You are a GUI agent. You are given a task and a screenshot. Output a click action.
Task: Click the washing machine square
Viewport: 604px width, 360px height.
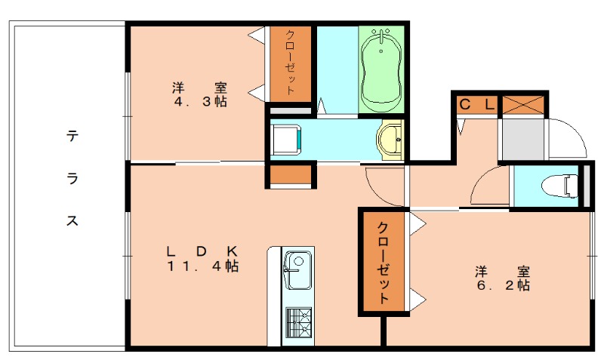(x=286, y=139)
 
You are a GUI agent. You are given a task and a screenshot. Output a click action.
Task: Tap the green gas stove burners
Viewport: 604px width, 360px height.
(x=298, y=324)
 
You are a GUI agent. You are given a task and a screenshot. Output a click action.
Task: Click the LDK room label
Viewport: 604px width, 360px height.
(x=202, y=250)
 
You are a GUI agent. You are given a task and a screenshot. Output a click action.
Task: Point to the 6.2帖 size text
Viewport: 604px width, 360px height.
(x=502, y=286)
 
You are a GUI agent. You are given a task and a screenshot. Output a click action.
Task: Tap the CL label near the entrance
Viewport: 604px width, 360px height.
(x=476, y=104)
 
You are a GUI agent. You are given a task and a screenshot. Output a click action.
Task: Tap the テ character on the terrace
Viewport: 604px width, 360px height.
(x=72, y=137)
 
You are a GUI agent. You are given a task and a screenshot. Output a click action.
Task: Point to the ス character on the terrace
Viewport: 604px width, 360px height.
(x=72, y=221)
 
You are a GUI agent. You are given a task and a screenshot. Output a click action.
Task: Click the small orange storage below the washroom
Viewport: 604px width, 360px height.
(x=290, y=175)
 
